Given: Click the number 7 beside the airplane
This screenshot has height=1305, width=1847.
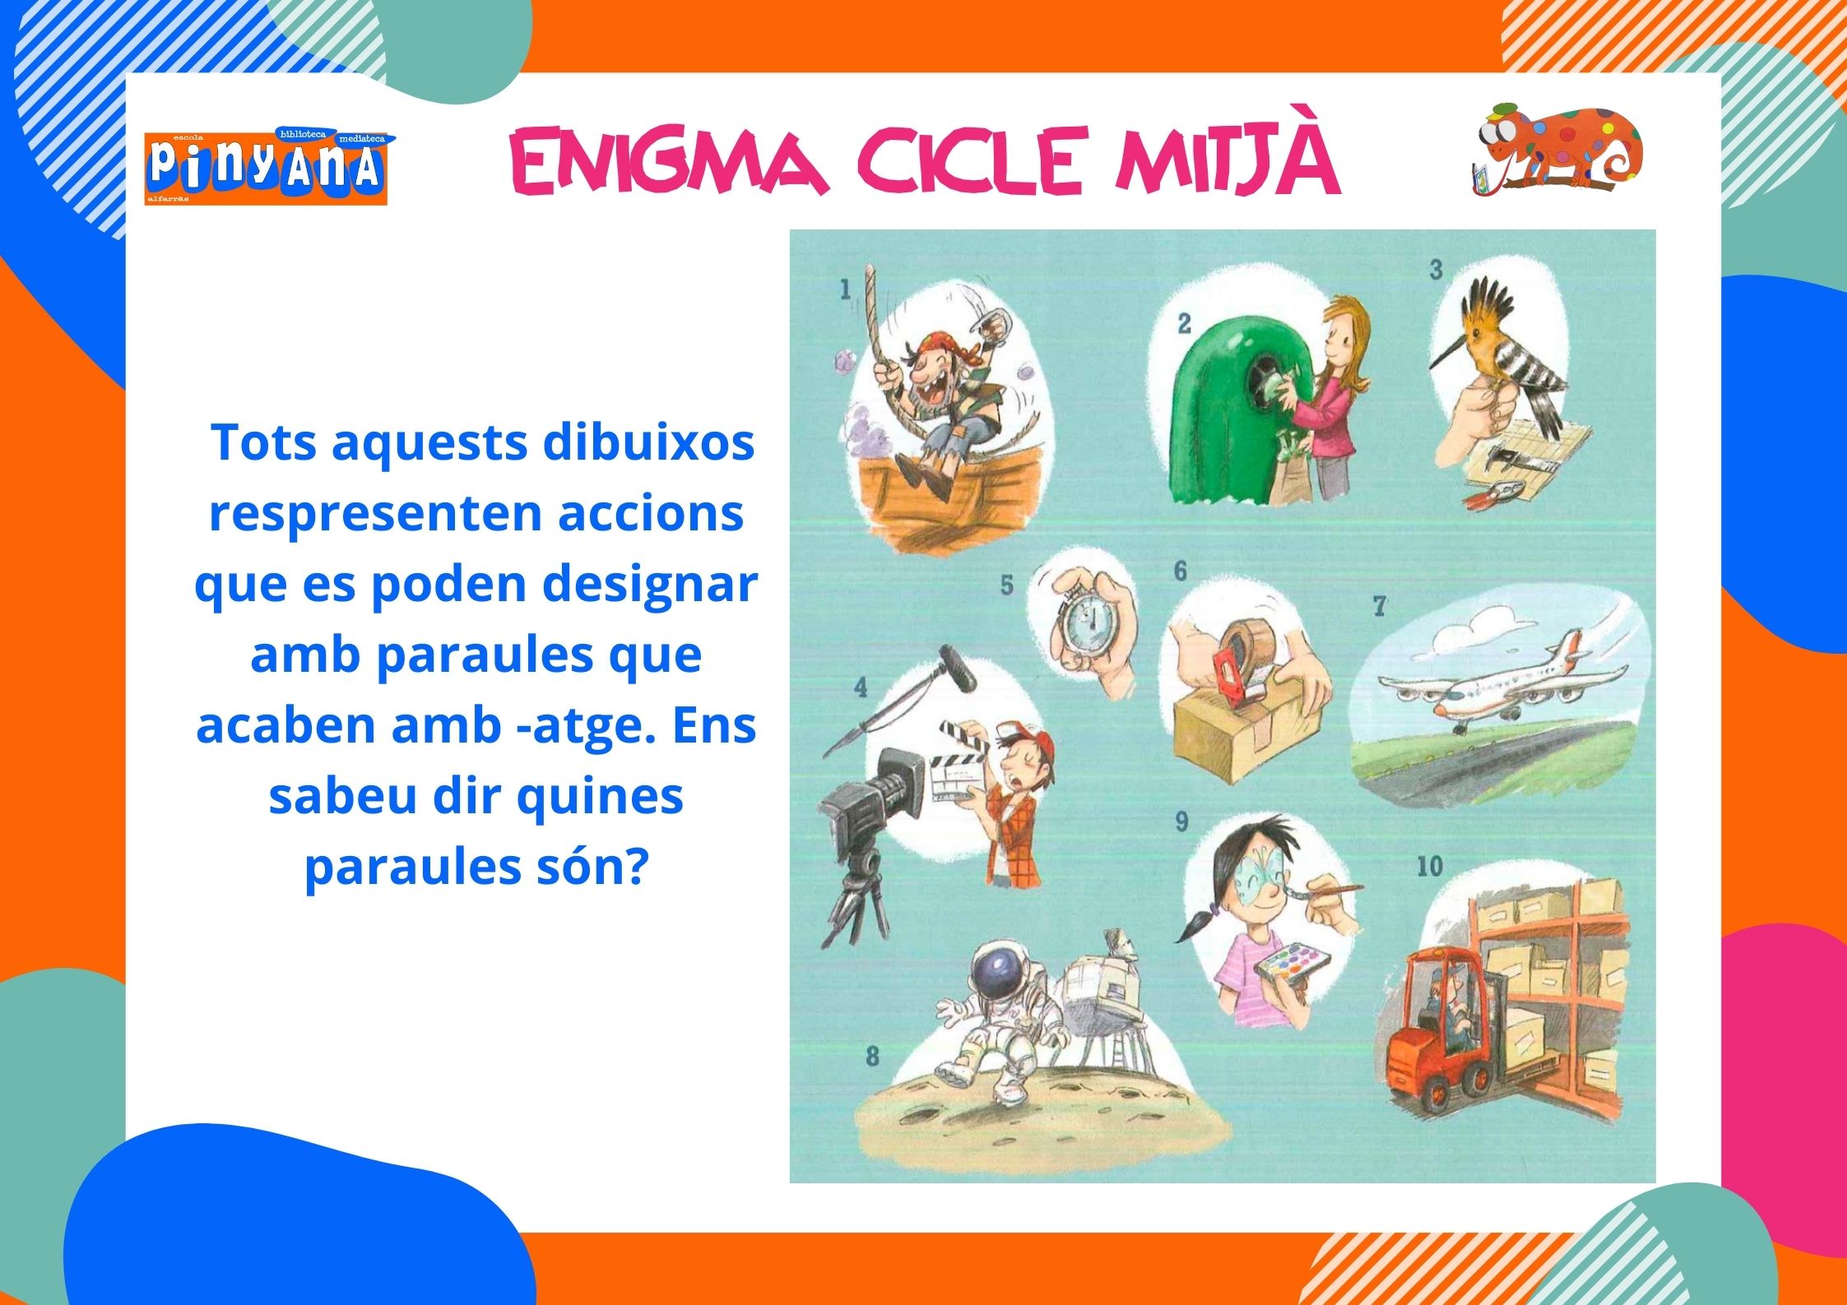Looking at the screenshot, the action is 1379,607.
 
